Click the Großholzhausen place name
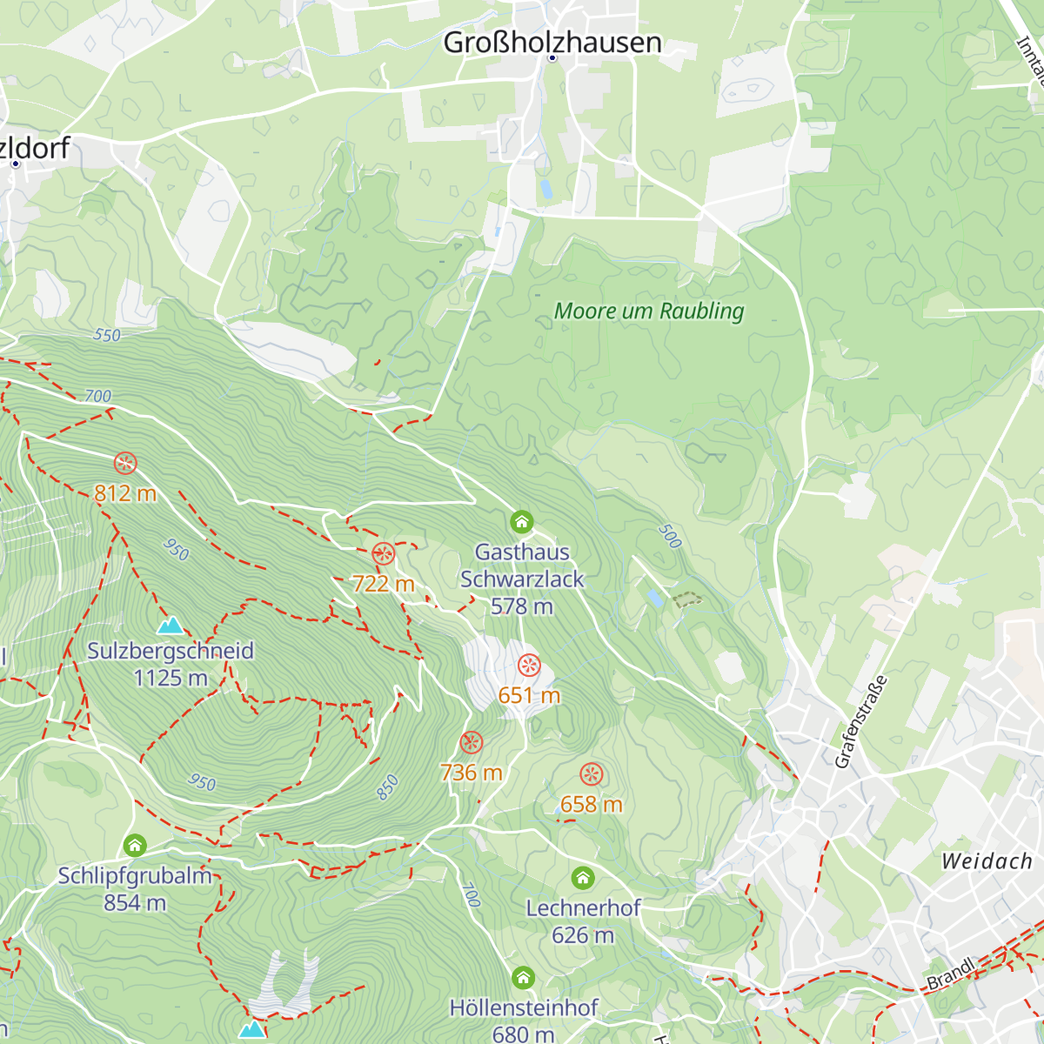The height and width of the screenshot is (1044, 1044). pos(552,42)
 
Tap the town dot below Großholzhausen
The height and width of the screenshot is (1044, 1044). pos(552,58)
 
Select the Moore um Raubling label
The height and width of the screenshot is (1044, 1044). pos(649,311)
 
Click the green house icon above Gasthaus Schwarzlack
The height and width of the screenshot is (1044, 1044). pos(521,522)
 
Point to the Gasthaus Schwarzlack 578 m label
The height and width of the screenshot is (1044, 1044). pos(522,579)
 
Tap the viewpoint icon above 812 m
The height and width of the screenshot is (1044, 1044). pos(125,463)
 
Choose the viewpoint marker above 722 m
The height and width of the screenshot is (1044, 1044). pos(383,553)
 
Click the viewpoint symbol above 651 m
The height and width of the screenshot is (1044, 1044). pos(529,666)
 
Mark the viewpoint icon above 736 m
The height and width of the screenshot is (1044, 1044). pos(472,743)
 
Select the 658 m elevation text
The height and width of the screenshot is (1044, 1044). pos(592,805)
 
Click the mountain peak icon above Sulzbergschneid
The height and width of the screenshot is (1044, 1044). pos(171,625)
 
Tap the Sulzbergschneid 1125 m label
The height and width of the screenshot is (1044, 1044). pos(171,664)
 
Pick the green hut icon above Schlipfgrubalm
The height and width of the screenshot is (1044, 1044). pos(135,845)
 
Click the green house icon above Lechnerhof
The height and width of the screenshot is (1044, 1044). pos(583,878)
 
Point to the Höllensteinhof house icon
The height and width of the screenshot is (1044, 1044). pos(523,978)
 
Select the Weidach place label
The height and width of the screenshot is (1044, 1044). pos(987,861)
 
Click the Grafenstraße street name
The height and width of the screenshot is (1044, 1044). pos(861,722)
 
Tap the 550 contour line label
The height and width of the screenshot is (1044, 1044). pos(106,335)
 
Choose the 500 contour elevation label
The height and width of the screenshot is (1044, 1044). pos(669,536)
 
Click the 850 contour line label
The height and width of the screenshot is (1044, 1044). pos(387,786)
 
